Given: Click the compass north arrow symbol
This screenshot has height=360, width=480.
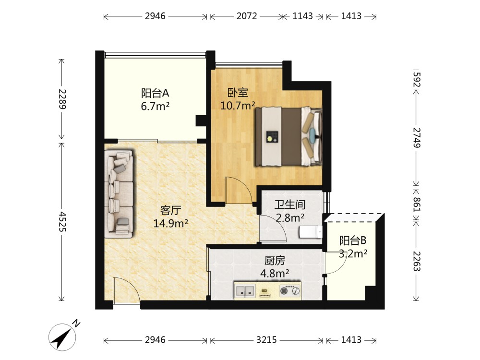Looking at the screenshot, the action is pyautogui.click(x=63, y=337).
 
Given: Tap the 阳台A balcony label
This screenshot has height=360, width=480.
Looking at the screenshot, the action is pyautogui.click(x=155, y=93).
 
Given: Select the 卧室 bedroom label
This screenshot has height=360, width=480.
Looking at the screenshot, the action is pyautogui.click(x=238, y=93).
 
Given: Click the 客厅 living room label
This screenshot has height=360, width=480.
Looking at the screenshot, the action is pyautogui.click(x=170, y=210).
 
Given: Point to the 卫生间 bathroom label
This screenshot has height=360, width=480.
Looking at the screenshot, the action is pyautogui.click(x=290, y=204).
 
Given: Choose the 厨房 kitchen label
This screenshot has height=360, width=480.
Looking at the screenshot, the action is pyautogui.click(x=275, y=261).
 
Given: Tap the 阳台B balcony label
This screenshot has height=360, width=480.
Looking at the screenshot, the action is pyautogui.click(x=353, y=240).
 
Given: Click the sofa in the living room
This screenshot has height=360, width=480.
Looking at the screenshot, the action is pyautogui.click(x=119, y=194).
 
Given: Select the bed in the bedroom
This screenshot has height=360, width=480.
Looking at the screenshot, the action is pyautogui.click(x=288, y=136).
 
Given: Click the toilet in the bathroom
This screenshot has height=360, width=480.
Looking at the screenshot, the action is pyautogui.click(x=311, y=232).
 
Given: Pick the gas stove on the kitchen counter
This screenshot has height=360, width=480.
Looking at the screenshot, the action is pyautogui.click(x=290, y=291).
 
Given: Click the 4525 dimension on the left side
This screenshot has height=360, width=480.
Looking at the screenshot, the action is pyautogui.click(x=61, y=221).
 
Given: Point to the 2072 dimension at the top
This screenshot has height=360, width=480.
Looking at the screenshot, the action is pyautogui.click(x=246, y=16).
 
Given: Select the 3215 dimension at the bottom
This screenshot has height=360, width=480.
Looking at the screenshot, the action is pyautogui.click(x=266, y=340).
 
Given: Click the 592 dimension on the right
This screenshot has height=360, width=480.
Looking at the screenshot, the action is pyautogui.click(x=417, y=80).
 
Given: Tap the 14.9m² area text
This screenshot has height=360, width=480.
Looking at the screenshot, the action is pyautogui.click(x=170, y=224).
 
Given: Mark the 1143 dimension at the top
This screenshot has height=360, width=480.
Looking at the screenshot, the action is pyautogui.click(x=302, y=16).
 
